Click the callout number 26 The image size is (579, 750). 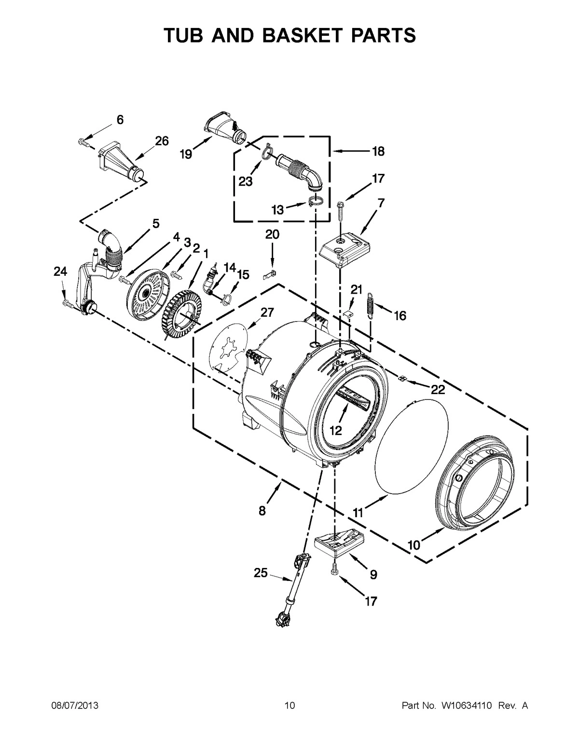[162, 141]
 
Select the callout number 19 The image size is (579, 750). [186, 154]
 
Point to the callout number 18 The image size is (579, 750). [377, 151]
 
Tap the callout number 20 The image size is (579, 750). [272, 235]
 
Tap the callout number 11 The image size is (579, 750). [358, 512]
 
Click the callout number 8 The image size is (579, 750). [262, 511]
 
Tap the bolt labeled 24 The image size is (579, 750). [67, 304]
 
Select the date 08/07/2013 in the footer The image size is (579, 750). [75, 719]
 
